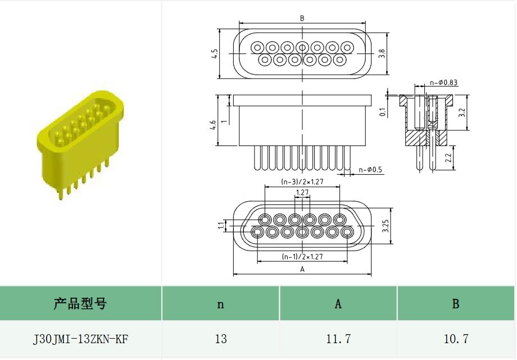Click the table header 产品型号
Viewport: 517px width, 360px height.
click(x=80, y=304)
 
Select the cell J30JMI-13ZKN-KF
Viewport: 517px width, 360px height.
click(x=80, y=339)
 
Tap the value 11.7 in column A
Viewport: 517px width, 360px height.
click(x=338, y=339)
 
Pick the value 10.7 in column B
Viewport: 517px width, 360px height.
click(x=456, y=339)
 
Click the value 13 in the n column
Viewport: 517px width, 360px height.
click(x=221, y=339)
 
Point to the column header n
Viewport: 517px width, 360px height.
click(x=221, y=304)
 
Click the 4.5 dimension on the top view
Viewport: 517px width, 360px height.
click(x=214, y=54)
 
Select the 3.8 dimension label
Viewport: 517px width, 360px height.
click(x=382, y=54)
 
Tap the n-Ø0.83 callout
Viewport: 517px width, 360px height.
click(x=444, y=83)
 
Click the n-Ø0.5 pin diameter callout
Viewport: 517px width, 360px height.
click(x=370, y=170)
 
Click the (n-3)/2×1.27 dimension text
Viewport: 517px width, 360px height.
click(x=303, y=181)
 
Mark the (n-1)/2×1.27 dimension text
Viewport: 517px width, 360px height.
click(x=303, y=257)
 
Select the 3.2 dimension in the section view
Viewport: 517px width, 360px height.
click(x=461, y=112)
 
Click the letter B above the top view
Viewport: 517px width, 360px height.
click(x=302, y=19)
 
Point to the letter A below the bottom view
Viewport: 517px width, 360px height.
click(x=302, y=270)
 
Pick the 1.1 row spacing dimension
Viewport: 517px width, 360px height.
click(x=220, y=225)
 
